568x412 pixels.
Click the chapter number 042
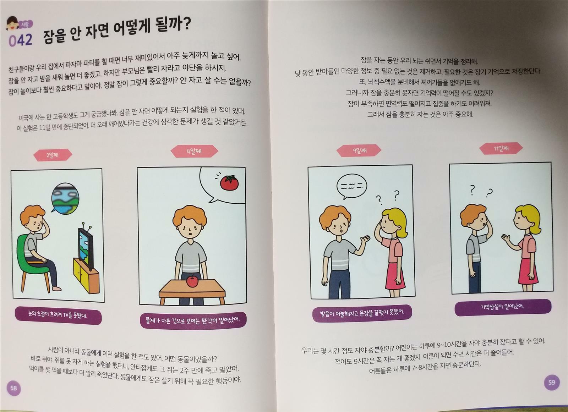tap(21, 40)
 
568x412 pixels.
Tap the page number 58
tap(13, 388)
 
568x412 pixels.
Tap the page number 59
tap(552, 382)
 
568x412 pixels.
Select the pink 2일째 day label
tap(53, 155)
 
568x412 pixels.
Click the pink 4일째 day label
tap(194, 152)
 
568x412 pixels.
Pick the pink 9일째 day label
tap(359, 150)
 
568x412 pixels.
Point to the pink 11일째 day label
tap(501, 149)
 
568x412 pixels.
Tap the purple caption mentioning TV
tap(58, 316)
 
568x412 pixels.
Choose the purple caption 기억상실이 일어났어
tap(502, 307)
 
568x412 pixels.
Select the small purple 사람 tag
tap(25, 24)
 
